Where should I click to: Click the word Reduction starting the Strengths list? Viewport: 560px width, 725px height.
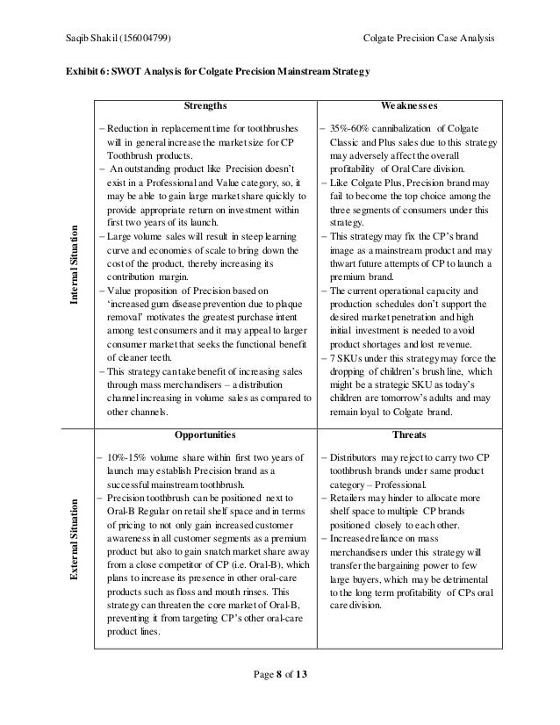[128, 128]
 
